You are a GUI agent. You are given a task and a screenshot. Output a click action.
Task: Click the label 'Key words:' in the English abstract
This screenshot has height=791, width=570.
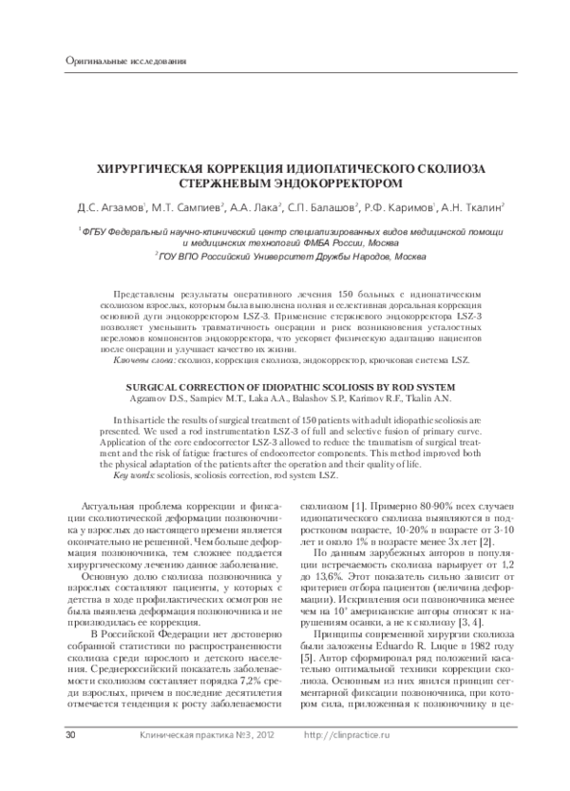tap(133, 473)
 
